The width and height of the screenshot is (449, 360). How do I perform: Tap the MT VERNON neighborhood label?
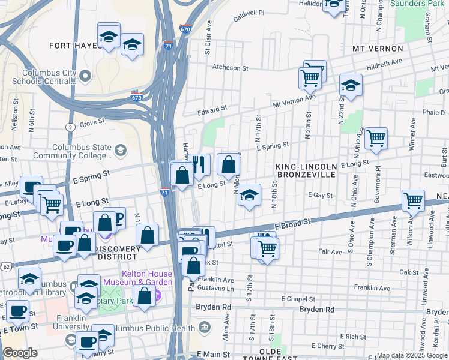coord(376,49)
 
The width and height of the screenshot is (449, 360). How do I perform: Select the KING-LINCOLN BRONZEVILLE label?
coord(306,170)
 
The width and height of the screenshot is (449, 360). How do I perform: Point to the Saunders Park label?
coord(418,3)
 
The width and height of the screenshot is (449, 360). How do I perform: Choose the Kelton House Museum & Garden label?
coord(137,278)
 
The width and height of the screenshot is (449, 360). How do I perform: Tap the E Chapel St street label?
coord(294,299)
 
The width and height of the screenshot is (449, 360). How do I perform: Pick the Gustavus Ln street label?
coord(214,289)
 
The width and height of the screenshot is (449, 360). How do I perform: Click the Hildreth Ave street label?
coord(384,62)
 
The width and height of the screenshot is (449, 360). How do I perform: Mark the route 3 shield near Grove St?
coord(71,127)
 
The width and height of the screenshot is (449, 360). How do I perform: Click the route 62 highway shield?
coord(5,265)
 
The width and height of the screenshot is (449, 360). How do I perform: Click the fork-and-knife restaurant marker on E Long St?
coord(200,164)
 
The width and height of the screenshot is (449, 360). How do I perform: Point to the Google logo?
coord(20,353)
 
